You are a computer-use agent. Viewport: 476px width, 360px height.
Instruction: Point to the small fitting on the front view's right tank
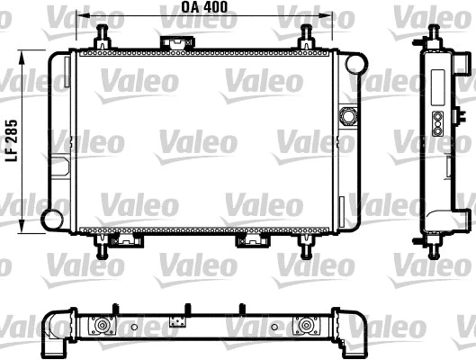pyautogui.click(x=347, y=116)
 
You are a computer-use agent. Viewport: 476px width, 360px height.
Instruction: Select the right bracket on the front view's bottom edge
pyautogui.click(x=248, y=240)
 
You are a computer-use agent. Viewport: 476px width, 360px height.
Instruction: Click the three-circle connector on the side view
pyautogui.click(x=438, y=124)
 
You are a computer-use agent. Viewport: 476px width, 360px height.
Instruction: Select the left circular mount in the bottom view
pyautogui.click(x=103, y=326)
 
